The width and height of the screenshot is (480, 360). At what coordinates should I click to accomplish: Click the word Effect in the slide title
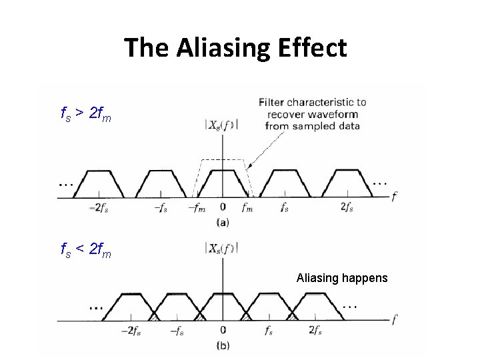point(315,48)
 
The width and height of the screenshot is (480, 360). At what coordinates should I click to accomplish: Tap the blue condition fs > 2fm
point(85,117)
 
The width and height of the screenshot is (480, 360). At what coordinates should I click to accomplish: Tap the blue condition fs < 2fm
point(85,252)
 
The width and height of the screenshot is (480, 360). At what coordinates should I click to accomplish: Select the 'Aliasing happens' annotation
point(341,277)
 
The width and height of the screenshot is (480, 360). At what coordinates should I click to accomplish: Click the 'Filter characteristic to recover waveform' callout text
point(312,114)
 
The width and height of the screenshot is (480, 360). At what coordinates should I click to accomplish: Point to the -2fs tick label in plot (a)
point(99,207)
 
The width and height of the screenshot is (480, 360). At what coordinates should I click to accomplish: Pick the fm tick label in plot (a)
point(247,207)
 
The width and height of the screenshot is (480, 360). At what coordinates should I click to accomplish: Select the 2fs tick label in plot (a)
point(347,207)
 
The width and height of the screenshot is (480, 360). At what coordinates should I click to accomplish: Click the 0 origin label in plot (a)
point(222,207)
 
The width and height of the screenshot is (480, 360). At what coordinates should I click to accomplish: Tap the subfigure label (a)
point(223,222)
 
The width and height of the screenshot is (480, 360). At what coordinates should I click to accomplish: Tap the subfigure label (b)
point(223,345)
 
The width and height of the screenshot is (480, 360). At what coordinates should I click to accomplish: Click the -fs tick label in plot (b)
point(177,331)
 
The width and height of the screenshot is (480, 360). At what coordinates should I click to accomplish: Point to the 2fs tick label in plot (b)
point(316,331)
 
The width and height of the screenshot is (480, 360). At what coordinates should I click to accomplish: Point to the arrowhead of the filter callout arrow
point(247,167)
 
